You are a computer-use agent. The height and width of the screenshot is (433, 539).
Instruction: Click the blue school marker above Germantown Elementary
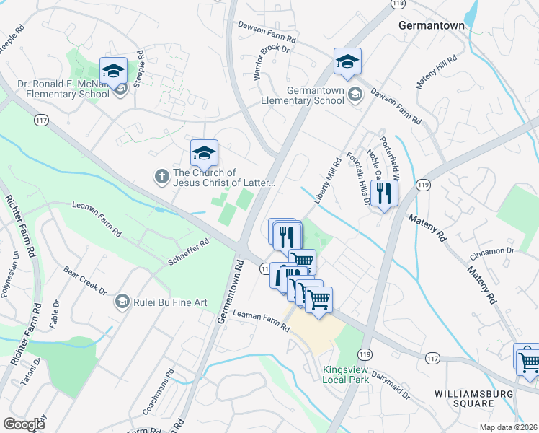[347, 63]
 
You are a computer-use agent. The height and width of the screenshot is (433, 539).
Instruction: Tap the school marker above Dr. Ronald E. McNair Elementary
[113, 71]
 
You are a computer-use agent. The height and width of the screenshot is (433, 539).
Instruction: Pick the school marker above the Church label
[204, 152]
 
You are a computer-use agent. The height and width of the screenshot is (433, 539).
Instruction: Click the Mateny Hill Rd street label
[437, 72]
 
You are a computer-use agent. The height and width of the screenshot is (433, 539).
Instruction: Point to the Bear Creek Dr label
[85, 281]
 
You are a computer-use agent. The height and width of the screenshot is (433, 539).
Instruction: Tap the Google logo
[24, 424]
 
